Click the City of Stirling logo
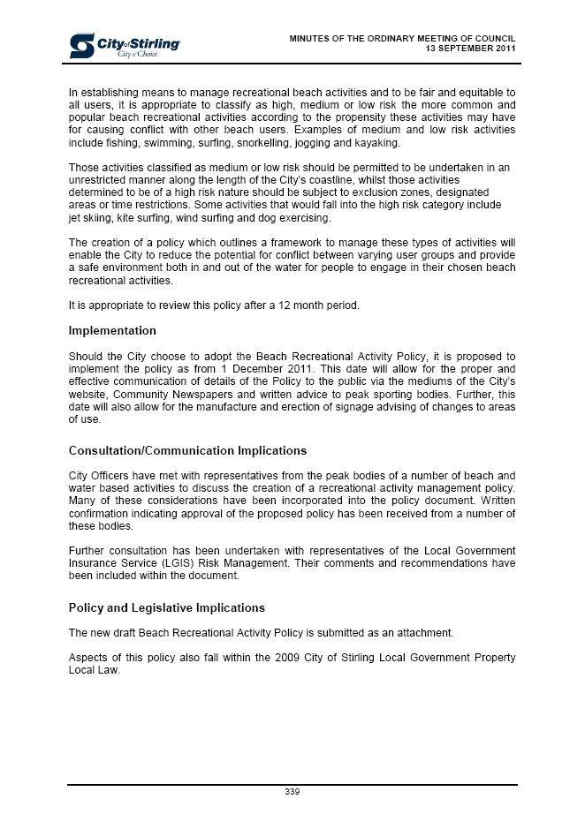pyautogui.click(x=125, y=46)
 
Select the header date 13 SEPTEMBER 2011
pyautogui.click(x=470, y=49)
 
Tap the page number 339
pyautogui.click(x=292, y=792)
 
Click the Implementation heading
pyautogui.click(x=112, y=331)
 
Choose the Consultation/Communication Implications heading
pyautogui.click(x=187, y=451)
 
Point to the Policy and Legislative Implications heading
pyautogui.click(x=166, y=608)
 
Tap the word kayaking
pyautogui.click(x=376, y=143)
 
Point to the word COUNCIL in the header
pyautogui.click(x=493, y=38)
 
